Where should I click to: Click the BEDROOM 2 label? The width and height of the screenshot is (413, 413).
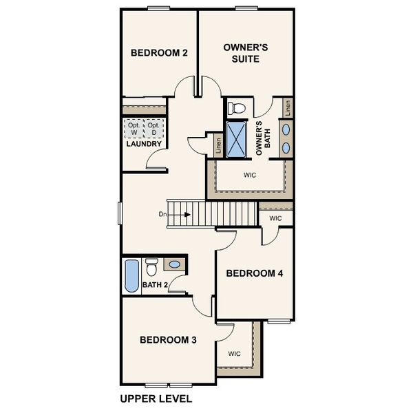coord(160,53)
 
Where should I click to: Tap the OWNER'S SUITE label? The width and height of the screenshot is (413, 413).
coord(245,53)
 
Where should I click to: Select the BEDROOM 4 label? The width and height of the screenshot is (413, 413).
coord(255,273)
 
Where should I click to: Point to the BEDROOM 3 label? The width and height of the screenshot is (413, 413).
coord(168,339)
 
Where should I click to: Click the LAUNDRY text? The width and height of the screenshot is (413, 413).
coord(144,144)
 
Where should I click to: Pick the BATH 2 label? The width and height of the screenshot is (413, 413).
coord(155,284)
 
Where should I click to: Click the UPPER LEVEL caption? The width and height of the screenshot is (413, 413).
coord(156,399)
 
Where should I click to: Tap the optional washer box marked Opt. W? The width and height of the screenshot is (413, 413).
coord(134,129)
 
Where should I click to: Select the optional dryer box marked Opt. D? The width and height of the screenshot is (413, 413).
coord(153,129)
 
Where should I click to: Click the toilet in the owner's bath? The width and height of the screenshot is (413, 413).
coord(237,107)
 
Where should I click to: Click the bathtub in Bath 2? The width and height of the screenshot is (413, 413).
coord(131,277)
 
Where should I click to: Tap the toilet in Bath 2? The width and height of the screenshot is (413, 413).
coord(153,266)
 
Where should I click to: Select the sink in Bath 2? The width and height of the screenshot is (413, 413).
coord(175,264)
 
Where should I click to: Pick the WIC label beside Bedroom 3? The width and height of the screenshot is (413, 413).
coord(234,354)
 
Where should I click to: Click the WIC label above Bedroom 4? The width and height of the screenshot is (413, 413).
coord(275,218)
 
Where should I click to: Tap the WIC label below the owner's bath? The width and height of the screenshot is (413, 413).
coord(250,175)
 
